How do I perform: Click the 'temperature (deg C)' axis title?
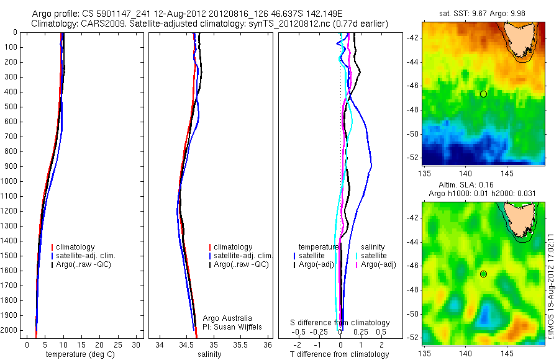(x=78, y=354)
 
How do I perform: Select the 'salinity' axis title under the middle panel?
(x=209, y=354)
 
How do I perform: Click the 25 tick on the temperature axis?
(x=119, y=344)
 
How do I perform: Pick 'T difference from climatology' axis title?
(x=339, y=354)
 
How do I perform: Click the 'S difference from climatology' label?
(x=340, y=323)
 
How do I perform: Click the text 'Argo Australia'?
(x=227, y=318)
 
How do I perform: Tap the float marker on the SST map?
(x=483, y=94)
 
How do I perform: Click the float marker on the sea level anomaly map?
(x=483, y=274)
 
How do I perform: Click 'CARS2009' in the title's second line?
(x=93, y=24)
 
